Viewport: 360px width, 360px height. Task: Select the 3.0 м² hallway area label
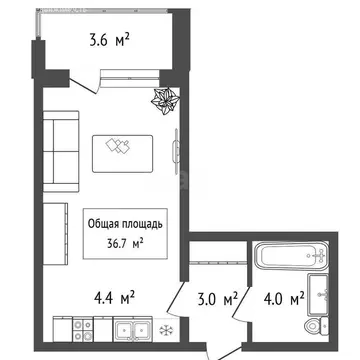coord(216,297)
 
